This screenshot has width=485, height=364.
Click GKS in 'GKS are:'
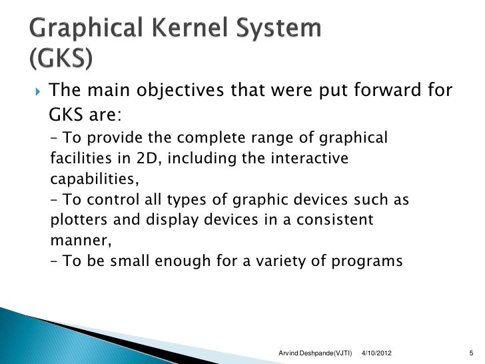tap(66, 115)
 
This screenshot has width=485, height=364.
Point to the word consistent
tap(334, 221)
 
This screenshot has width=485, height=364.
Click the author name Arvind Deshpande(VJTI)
tap(314, 351)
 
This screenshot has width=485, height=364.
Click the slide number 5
tap(470, 351)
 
